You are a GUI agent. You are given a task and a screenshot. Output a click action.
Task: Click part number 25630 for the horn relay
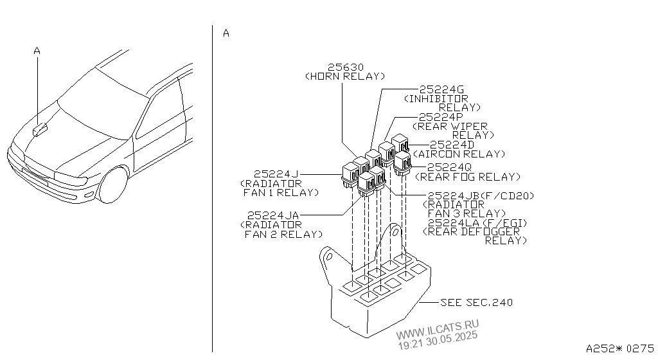point(345,67)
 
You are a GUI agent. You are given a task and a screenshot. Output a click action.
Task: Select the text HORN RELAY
point(345,76)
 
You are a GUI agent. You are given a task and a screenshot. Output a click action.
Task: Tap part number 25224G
point(441,90)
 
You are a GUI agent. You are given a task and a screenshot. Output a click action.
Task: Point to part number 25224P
point(441,117)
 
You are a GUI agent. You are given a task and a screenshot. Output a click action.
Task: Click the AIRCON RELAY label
point(459,154)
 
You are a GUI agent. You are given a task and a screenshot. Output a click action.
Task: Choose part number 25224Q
point(449,168)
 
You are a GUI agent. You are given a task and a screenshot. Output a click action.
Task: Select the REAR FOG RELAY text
point(468,177)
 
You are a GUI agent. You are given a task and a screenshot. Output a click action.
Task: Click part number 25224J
point(276,174)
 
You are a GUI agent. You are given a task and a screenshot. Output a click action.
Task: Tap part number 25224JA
point(272,215)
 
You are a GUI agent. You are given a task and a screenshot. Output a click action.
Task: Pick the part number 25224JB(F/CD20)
point(481,196)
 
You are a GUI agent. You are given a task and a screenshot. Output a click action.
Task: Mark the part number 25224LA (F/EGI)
point(477,223)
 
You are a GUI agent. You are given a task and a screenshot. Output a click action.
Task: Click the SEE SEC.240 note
point(476,303)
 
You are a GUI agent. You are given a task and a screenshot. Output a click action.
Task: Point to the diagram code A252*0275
point(620,348)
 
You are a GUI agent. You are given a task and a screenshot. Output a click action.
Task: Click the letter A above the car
point(37,51)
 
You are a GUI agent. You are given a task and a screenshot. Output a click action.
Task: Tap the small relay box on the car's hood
point(40,130)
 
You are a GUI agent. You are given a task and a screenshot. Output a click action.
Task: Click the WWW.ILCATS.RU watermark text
point(437,329)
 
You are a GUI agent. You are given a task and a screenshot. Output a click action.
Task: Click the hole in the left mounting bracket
point(330,256)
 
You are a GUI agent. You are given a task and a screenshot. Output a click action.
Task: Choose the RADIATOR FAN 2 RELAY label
point(281,230)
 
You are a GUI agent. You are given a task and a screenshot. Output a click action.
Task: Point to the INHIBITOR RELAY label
point(442,104)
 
